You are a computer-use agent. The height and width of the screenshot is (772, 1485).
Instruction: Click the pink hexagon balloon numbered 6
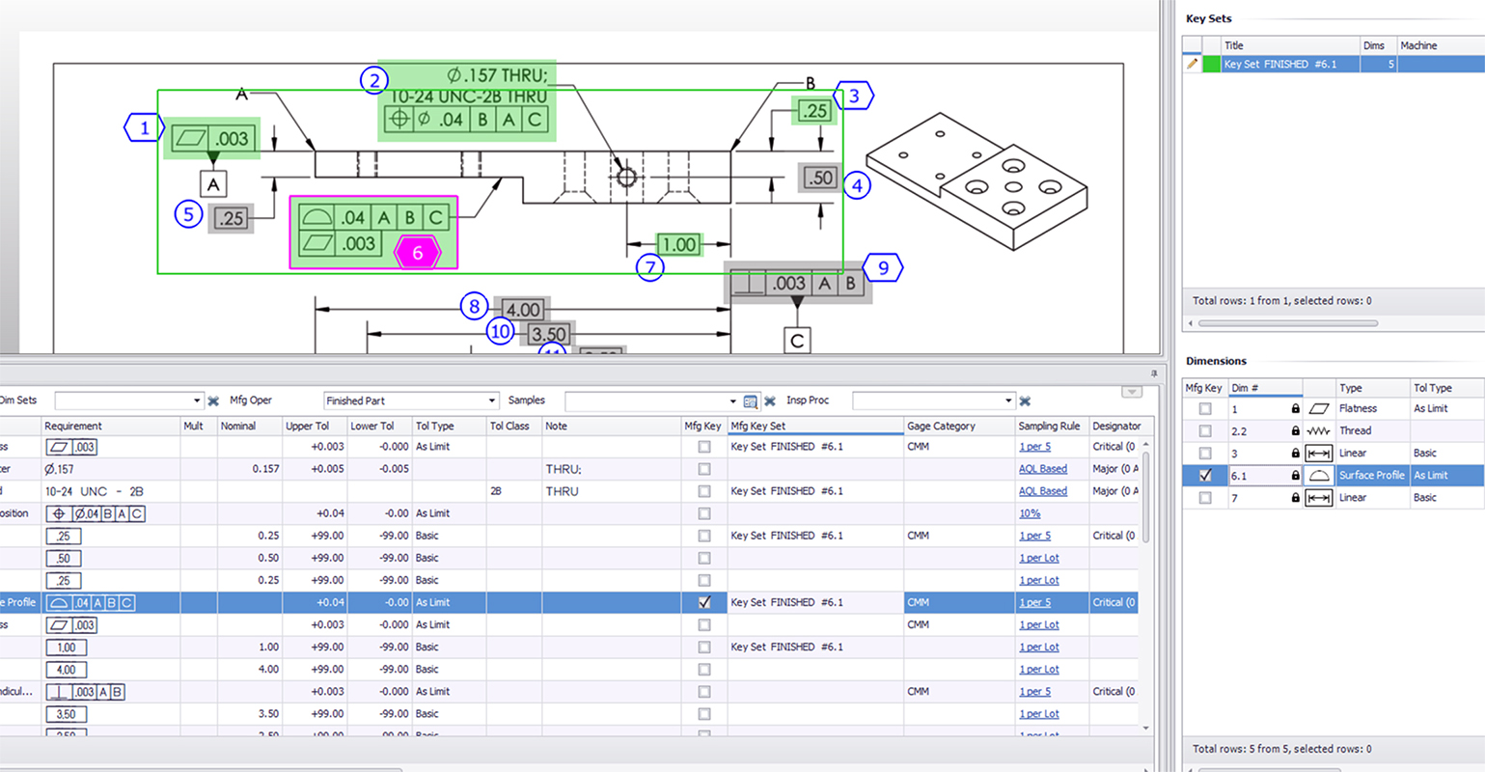[x=418, y=253]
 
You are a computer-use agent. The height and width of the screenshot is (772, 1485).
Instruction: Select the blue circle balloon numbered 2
[x=374, y=80]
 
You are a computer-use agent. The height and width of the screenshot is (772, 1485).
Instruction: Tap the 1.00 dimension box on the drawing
[x=678, y=245]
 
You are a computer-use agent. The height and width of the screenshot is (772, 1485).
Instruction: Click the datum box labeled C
[x=797, y=341]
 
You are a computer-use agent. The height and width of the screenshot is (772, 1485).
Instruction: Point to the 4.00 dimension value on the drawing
[x=523, y=310]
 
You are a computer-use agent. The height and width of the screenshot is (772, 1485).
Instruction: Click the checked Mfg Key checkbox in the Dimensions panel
[x=1205, y=476]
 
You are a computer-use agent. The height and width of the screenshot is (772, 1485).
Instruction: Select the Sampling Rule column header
[x=1049, y=426]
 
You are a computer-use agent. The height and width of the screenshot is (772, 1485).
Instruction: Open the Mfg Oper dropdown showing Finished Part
[x=411, y=400]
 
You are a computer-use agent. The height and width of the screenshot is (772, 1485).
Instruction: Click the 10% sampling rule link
[x=1030, y=513]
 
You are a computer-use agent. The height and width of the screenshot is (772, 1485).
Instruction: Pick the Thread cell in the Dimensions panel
[x=1355, y=430]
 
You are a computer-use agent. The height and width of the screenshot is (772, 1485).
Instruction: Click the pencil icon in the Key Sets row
[x=1193, y=64]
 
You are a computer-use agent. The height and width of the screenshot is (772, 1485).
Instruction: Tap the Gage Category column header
[x=941, y=426]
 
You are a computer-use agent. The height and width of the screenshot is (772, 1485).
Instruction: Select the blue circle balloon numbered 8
[x=474, y=307]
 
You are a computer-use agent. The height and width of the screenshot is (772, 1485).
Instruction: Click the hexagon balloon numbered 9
[x=883, y=268]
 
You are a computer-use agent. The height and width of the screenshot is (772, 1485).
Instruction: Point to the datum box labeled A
[x=213, y=183]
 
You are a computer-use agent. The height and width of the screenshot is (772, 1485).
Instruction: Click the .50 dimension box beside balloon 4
[x=819, y=178]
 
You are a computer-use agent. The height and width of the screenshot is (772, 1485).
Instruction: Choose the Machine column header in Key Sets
[x=1418, y=45]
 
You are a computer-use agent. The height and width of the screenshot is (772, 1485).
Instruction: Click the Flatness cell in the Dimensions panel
[x=1358, y=408]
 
